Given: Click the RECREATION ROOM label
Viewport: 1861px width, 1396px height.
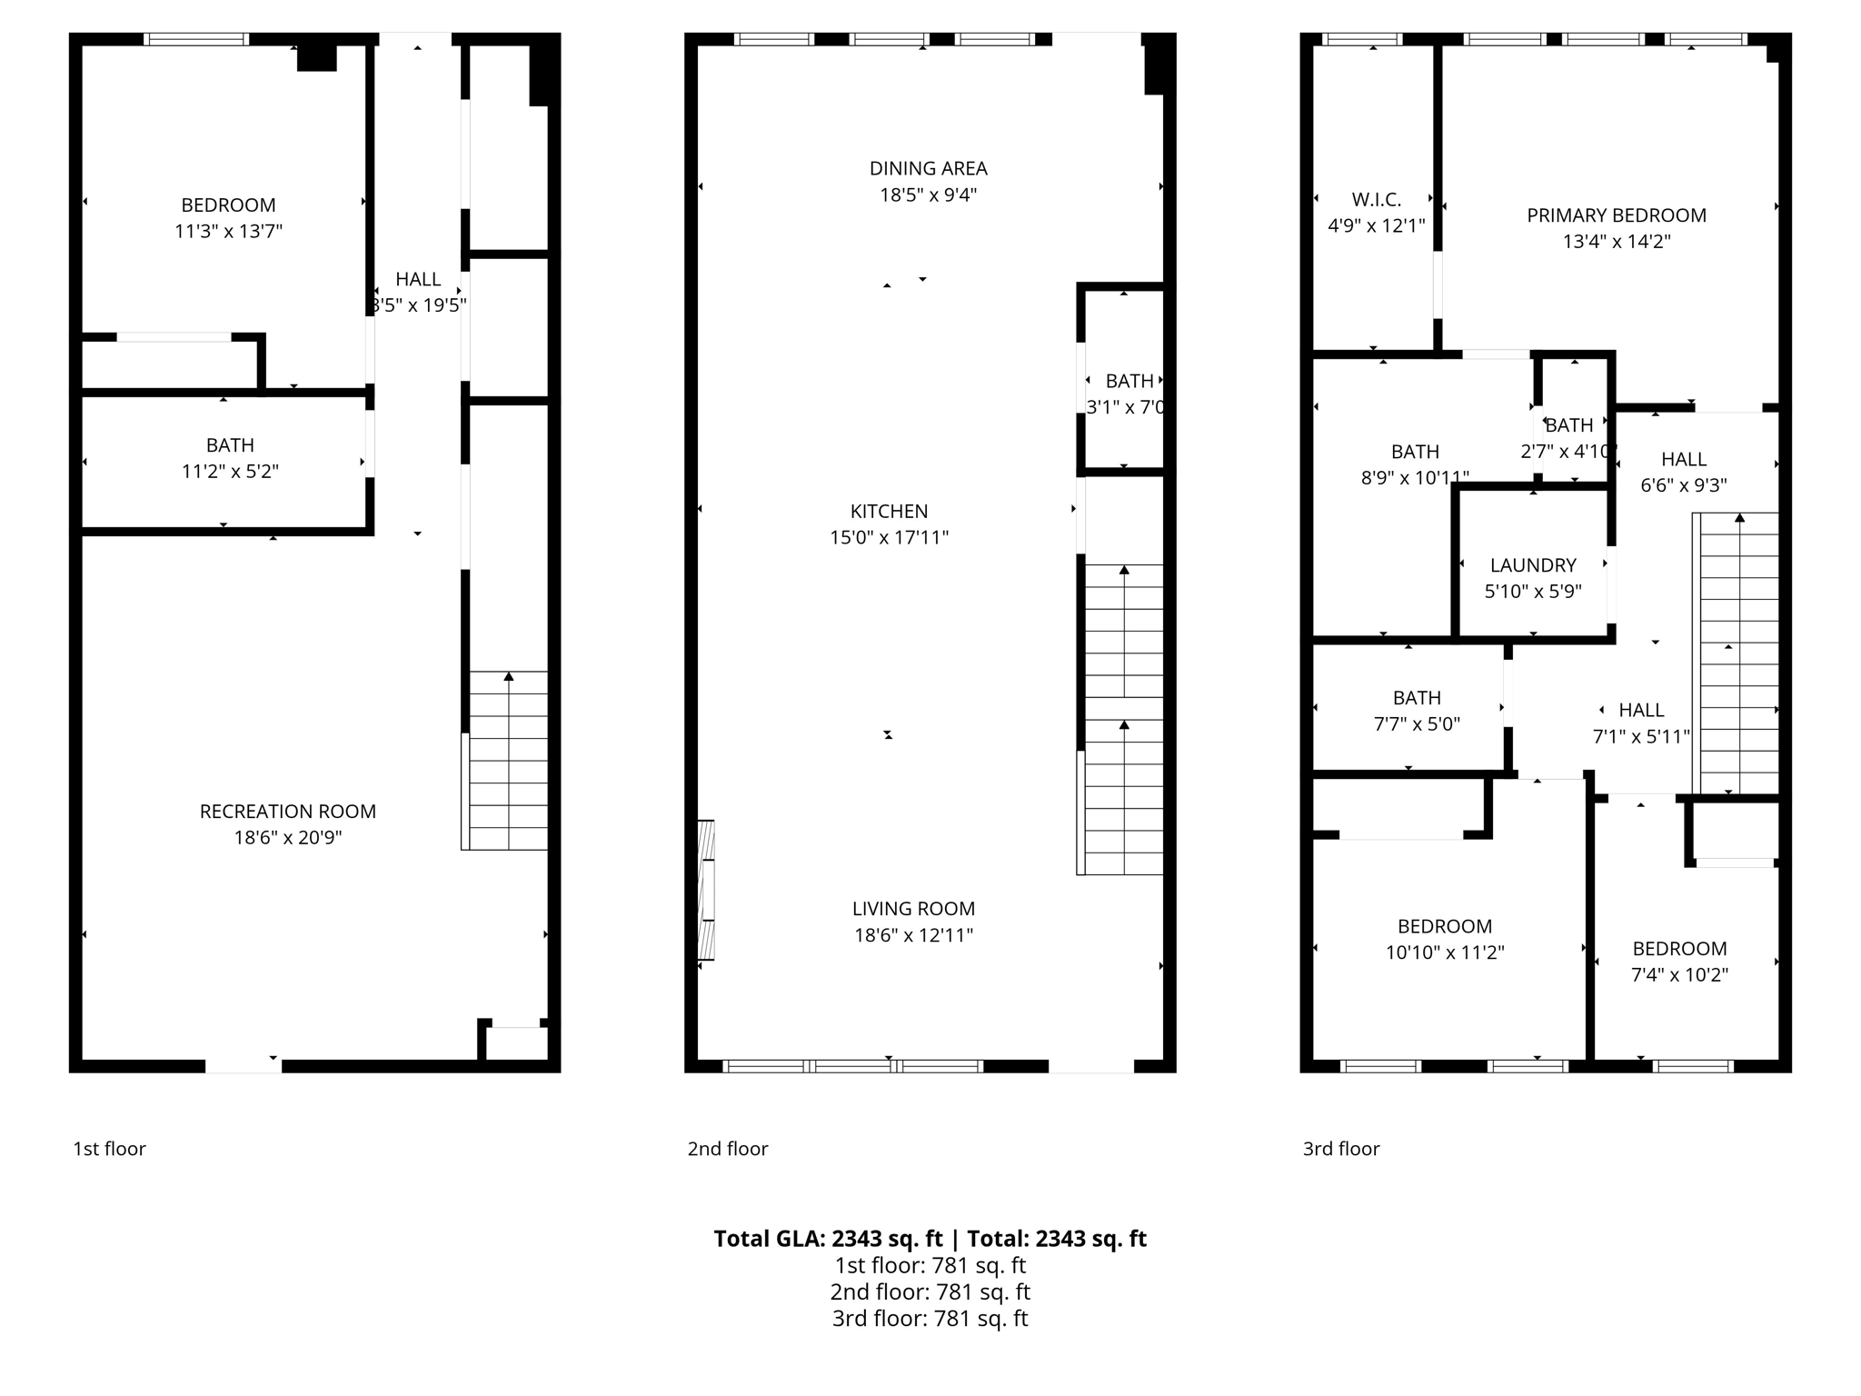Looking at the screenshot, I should (287, 811).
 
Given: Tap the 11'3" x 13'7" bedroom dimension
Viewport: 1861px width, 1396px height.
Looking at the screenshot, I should (228, 232).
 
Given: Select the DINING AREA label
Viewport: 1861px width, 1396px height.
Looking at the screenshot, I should (928, 168).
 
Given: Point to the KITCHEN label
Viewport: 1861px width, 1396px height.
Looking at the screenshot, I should (889, 511).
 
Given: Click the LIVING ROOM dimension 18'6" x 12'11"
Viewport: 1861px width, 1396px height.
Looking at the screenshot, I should (913, 935).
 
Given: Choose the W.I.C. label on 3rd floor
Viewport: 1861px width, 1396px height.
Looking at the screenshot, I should (1376, 199).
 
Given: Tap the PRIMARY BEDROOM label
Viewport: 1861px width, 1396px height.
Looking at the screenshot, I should (1616, 215).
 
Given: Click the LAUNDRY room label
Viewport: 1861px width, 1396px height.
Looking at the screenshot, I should (1533, 565).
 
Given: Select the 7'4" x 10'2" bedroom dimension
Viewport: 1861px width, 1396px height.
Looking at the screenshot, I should (1679, 975).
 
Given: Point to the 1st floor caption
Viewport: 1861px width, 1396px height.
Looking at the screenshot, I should (109, 1149).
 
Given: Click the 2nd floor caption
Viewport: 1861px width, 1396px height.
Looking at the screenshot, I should (727, 1149).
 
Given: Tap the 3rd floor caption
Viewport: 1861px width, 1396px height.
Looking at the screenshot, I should (1340, 1149).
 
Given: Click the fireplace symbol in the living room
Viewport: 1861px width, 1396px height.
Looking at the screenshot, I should (706, 890).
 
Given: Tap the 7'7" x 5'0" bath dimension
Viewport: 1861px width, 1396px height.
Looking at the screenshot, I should (1416, 724).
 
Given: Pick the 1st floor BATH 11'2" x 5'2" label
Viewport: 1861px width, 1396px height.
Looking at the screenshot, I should (230, 445).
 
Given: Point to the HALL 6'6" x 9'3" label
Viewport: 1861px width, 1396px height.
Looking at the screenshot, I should (1683, 460).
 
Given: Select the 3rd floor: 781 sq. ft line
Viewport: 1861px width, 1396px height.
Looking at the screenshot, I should (930, 1319).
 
